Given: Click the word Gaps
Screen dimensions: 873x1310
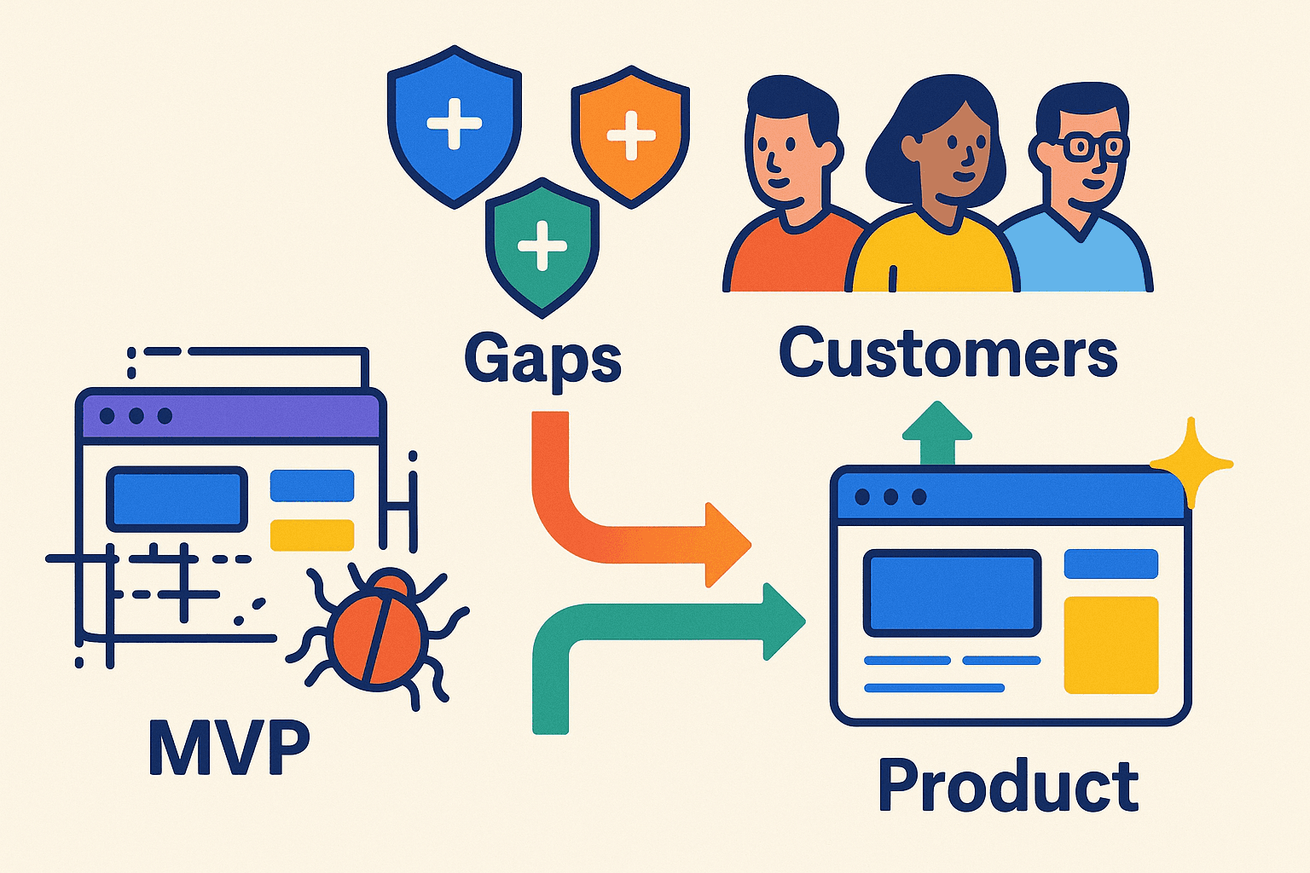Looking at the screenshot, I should (542, 359).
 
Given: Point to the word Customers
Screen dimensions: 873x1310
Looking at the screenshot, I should (948, 353).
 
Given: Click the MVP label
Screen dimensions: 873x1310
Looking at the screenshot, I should (229, 746).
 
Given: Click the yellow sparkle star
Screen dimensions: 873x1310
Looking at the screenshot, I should (1191, 463).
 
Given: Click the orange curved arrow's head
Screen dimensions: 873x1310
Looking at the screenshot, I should (726, 544).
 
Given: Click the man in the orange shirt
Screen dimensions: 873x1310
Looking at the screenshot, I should (789, 205).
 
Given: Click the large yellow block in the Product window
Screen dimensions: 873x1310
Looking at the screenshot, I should (1110, 645).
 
